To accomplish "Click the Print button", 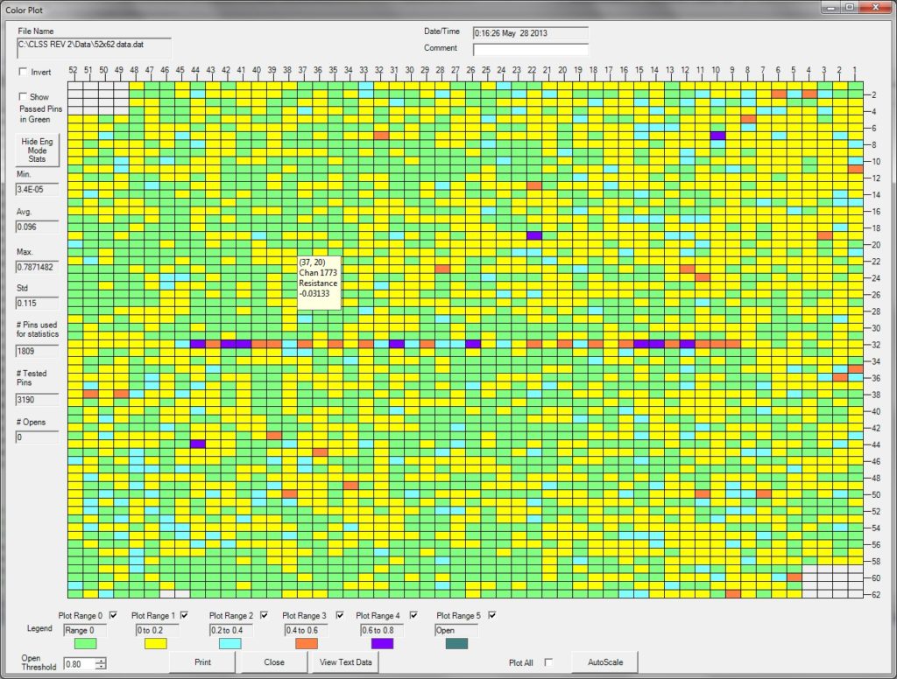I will point(202,662).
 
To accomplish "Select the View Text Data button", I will point(346,662).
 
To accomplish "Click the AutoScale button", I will point(605,662).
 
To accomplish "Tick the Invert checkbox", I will point(23,72).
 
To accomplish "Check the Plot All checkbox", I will point(548,662).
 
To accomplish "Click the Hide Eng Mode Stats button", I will point(37,150).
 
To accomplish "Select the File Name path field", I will point(95,48).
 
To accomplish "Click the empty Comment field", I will point(530,49).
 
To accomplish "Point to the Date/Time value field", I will point(530,32).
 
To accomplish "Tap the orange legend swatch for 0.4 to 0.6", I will point(307,644).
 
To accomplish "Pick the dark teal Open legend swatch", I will point(457,644).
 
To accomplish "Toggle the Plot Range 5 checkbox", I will point(492,615).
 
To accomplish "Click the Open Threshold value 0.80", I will point(79,663).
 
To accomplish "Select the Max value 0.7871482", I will point(37,267).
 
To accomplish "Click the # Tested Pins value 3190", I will point(37,399).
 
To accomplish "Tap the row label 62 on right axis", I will point(875,594).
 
